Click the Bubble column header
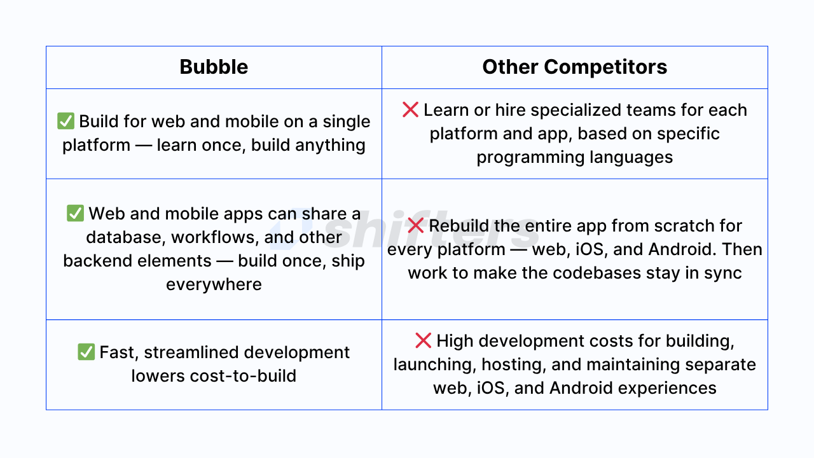click(214, 67)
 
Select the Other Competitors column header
click(574, 67)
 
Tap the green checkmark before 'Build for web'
click(66, 121)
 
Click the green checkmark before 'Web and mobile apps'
click(75, 213)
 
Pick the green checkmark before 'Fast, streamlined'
click(86, 352)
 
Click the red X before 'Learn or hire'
click(410, 110)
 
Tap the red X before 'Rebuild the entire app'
click(415, 225)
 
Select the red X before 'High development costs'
click(423, 340)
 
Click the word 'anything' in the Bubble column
click(330, 146)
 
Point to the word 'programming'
click(530, 158)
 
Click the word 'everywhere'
click(214, 284)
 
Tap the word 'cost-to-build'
click(243, 375)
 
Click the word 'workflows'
click(215, 237)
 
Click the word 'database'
click(124, 237)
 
